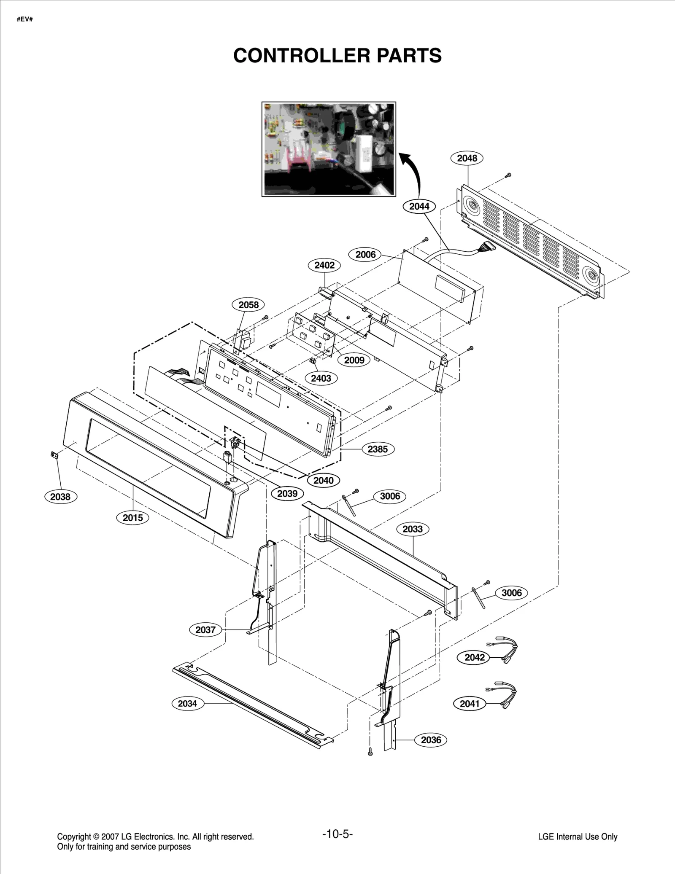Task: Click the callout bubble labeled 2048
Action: [x=467, y=158]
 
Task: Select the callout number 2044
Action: [x=419, y=206]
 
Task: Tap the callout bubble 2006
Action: [x=365, y=254]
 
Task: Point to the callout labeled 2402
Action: [x=324, y=265]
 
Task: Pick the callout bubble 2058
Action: [x=248, y=305]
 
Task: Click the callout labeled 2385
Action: [x=378, y=449]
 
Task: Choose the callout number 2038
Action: [x=60, y=497]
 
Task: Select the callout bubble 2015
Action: [x=133, y=518]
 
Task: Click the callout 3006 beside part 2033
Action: [x=390, y=496]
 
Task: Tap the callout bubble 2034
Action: [x=187, y=703]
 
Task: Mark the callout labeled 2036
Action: [x=431, y=740]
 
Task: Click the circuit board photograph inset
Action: [x=329, y=149]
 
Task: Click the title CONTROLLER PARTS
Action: [x=337, y=55]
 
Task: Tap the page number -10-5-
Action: [x=337, y=834]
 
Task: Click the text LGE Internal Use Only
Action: [x=578, y=836]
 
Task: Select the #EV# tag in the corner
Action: [x=25, y=19]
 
